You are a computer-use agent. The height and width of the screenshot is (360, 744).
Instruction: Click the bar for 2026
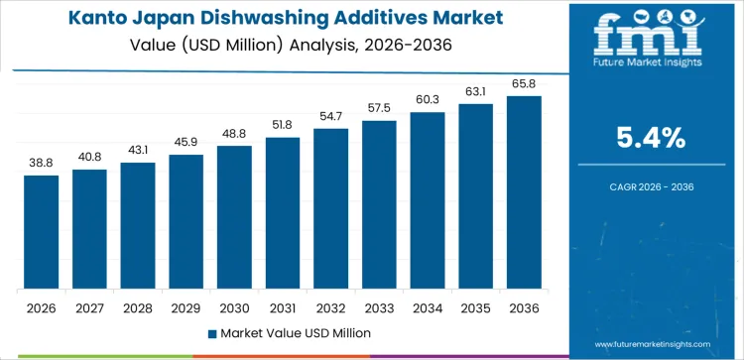[x=42, y=232]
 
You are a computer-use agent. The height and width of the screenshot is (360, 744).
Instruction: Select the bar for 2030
[x=234, y=217]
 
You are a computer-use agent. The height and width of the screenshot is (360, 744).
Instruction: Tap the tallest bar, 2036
[x=524, y=192]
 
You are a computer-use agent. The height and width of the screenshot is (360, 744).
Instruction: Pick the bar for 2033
[x=379, y=204]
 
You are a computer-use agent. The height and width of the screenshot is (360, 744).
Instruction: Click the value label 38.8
[x=42, y=162]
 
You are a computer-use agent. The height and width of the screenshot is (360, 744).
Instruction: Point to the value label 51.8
[x=283, y=124]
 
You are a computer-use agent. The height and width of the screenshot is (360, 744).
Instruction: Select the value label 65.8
[x=524, y=82]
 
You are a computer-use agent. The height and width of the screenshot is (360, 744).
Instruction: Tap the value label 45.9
[x=186, y=142]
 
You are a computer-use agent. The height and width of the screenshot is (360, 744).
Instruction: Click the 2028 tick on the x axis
[x=138, y=307]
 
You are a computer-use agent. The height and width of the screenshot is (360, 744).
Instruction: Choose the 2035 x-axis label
[x=475, y=307]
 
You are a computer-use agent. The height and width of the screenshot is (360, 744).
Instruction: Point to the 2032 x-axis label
[x=330, y=307]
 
